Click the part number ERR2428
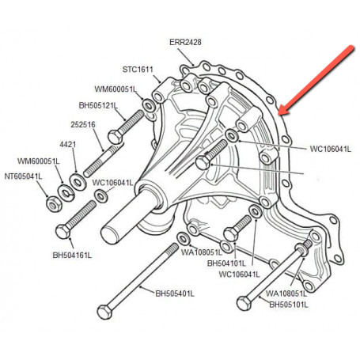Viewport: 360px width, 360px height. pos(185,42)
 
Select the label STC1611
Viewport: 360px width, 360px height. pos(138,70)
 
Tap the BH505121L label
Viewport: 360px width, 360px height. pos(98,106)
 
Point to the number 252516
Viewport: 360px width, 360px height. pos(83,124)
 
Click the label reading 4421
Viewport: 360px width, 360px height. pos(68,145)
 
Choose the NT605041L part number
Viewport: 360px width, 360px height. pos(23,176)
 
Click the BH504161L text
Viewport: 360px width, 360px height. pos(72,256)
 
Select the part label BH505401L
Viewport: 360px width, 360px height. pos(175,294)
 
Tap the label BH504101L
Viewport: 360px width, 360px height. pos(226,263)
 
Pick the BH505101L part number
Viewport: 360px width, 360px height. pos(289,305)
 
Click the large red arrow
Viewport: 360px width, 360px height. pos(316,80)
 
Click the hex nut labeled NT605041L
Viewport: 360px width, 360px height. pos(54,204)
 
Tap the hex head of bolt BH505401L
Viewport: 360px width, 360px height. pos(105,312)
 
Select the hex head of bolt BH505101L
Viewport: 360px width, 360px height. pos(244,303)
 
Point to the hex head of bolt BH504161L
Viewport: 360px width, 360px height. pos(63,231)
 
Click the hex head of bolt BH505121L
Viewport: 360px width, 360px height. pos(116,137)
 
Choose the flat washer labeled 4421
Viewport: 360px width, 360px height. pos(78,182)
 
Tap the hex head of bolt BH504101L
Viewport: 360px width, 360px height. pos(231,234)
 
